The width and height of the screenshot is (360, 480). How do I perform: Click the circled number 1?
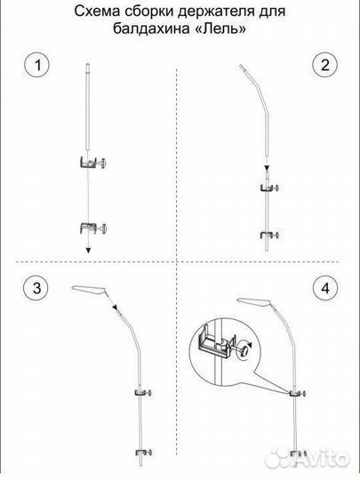pos(37,65)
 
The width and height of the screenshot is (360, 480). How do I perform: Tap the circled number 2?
pos(324,65)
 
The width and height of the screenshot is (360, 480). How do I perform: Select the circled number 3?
pos(36,288)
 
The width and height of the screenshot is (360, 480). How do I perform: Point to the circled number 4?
pos(325,288)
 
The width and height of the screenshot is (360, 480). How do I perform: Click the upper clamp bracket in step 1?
pos(92,163)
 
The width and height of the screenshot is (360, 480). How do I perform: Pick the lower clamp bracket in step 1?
pos(93,228)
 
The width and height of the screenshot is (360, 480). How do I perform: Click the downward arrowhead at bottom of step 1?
pos(88,250)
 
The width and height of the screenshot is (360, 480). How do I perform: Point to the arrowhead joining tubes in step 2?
pos(267,168)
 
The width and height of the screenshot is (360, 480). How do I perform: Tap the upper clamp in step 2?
pos(269,188)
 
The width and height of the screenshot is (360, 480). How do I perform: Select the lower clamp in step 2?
pos(269,235)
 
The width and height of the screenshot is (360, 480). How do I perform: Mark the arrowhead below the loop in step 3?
pos(115,307)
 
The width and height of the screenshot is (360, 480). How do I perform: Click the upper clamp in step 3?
pos(143,393)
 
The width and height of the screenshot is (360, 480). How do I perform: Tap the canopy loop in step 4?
pos(255,302)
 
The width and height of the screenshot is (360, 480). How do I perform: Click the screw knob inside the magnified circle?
pos(244,349)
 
